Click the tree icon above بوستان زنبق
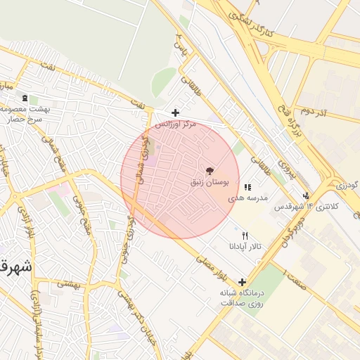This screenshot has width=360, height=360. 209,171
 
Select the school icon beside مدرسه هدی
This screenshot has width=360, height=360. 247,188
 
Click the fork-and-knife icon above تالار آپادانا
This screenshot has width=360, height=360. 245,236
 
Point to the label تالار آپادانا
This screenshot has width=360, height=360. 244,247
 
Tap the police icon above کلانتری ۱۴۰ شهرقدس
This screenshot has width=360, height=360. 305,196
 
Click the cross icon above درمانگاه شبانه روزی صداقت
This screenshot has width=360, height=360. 242,281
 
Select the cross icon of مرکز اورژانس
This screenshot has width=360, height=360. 175,112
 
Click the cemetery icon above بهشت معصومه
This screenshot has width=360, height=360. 25,98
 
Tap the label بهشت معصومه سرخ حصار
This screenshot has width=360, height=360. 23,114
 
